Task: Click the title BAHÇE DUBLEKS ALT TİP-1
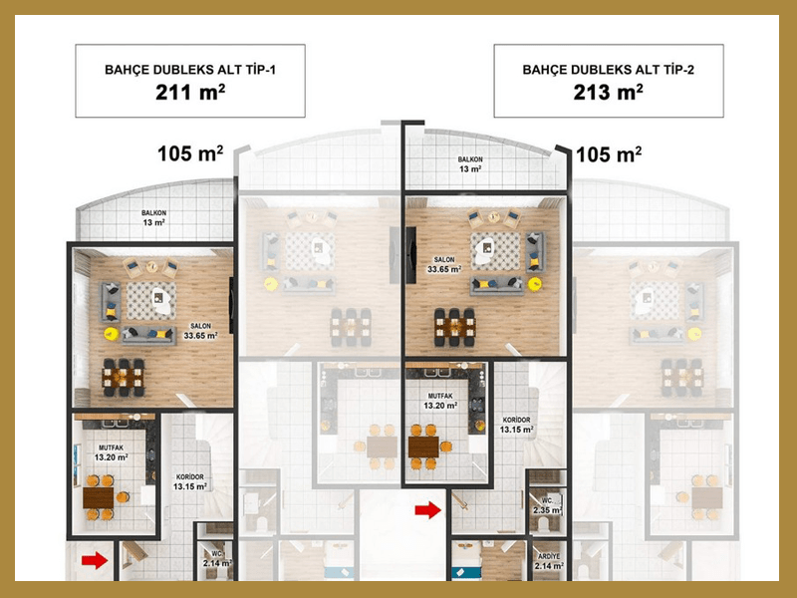(x=190, y=70)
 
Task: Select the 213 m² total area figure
(x=608, y=93)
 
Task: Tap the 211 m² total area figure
(x=190, y=93)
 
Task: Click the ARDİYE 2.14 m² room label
(x=548, y=561)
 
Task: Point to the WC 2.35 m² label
(x=547, y=505)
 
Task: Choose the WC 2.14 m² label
(x=217, y=558)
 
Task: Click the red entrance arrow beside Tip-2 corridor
(x=428, y=509)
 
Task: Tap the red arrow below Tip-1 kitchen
(x=95, y=560)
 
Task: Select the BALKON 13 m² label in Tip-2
(x=470, y=164)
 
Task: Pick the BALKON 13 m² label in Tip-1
(x=154, y=217)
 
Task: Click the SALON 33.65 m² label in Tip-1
(x=201, y=331)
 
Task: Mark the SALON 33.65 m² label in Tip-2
(x=444, y=264)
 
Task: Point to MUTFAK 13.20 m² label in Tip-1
(x=112, y=452)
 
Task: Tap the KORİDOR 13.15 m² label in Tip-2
(x=516, y=425)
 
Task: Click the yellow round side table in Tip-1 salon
(x=112, y=334)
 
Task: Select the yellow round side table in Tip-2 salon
(x=534, y=284)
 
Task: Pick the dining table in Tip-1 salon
(x=124, y=378)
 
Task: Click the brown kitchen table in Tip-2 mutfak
(x=423, y=447)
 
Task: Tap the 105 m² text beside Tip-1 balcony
(x=190, y=153)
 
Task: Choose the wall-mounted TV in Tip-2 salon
(x=410, y=255)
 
